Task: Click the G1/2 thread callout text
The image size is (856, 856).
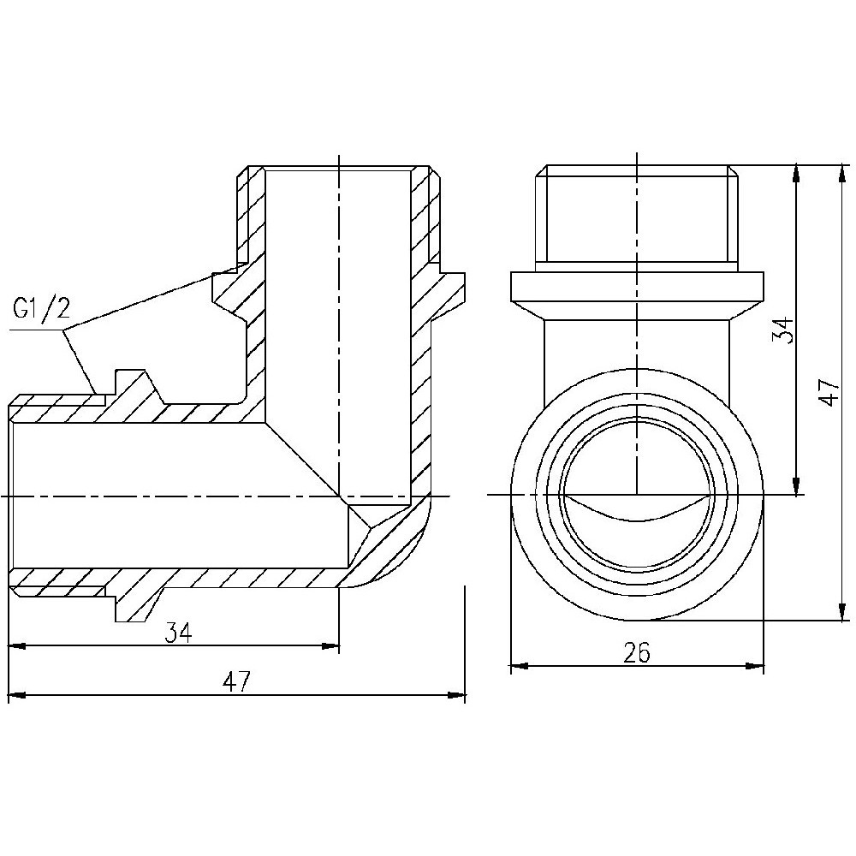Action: click(x=39, y=309)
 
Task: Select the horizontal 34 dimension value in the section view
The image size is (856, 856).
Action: click(x=178, y=633)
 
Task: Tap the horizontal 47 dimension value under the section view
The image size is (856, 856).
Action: click(x=236, y=681)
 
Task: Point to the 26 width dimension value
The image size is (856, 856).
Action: click(x=637, y=652)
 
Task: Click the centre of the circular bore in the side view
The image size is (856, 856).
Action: click(x=637, y=495)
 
